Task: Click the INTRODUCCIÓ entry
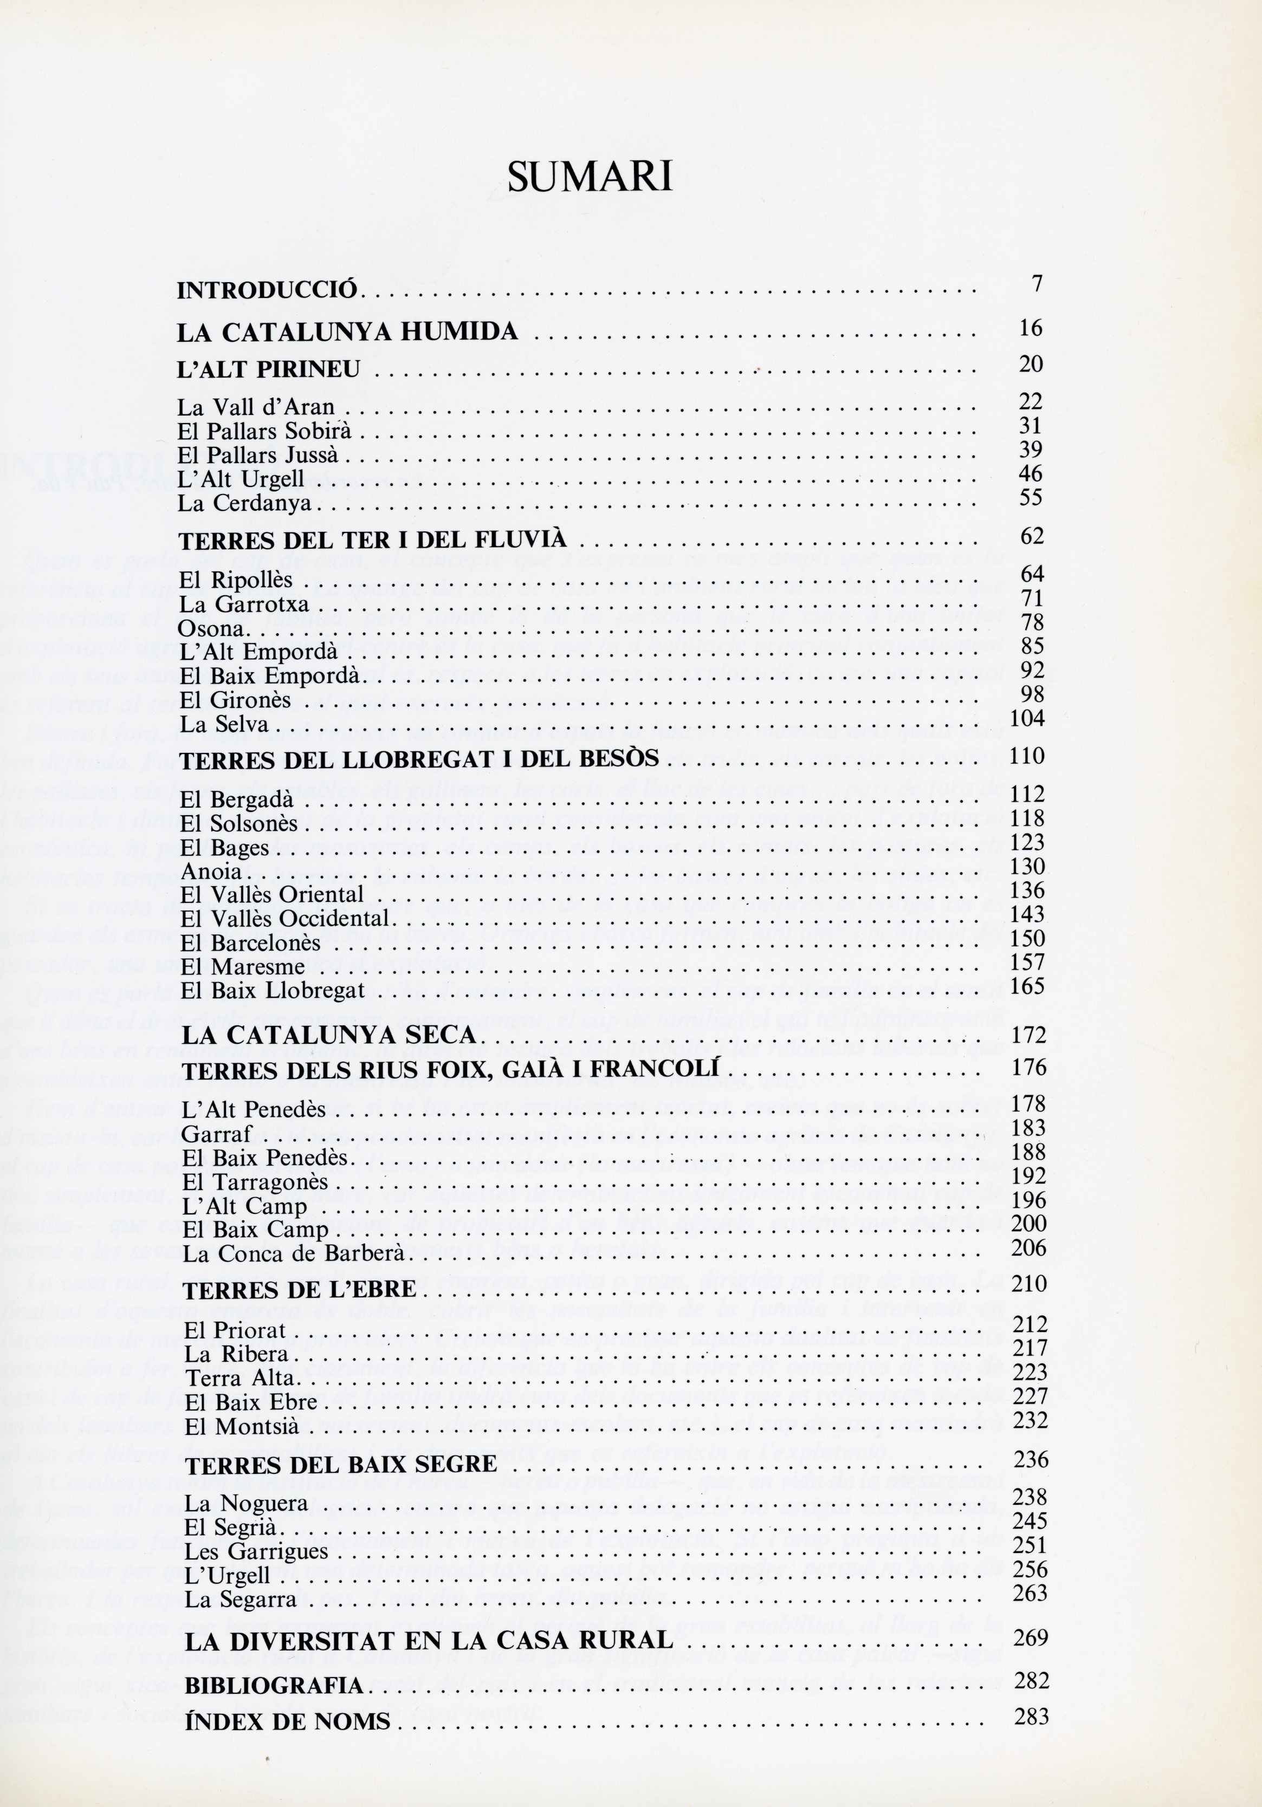268,290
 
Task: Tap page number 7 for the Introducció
1038,284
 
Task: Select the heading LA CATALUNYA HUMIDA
347,332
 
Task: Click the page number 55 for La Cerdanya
1030,497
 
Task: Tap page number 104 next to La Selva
1027,718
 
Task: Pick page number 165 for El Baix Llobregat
1027,986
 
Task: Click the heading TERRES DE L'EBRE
299,1290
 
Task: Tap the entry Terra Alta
240,1378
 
